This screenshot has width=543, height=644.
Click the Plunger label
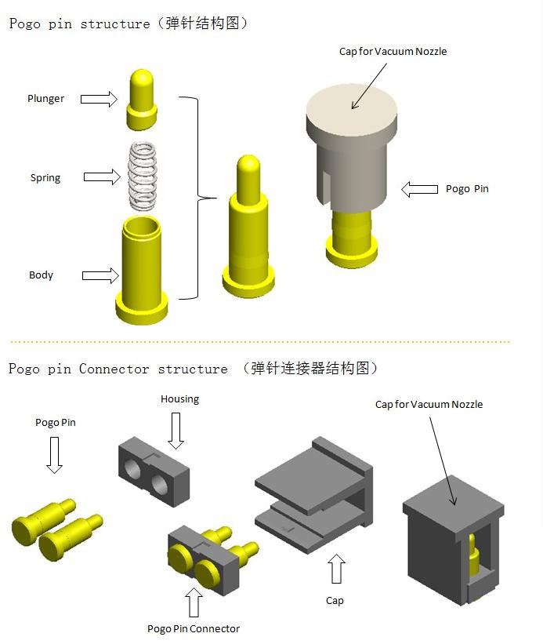[46, 99]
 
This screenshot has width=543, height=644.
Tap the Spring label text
[45, 178]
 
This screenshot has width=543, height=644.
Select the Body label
[41, 275]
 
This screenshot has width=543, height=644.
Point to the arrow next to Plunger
[99, 99]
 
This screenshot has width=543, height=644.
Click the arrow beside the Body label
[100, 275]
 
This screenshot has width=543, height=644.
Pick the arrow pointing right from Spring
[102, 177]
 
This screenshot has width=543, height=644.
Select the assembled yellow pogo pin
[248, 227]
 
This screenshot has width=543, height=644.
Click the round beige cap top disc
[350, 109]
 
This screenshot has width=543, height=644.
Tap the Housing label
[179, 399]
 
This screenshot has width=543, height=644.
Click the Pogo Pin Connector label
[194, 628]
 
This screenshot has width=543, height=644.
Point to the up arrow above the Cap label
[337, 570]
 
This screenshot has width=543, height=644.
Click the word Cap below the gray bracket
[335, 601]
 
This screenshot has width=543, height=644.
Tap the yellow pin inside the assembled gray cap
[474, 558]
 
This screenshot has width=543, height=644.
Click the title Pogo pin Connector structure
[118, 369]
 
